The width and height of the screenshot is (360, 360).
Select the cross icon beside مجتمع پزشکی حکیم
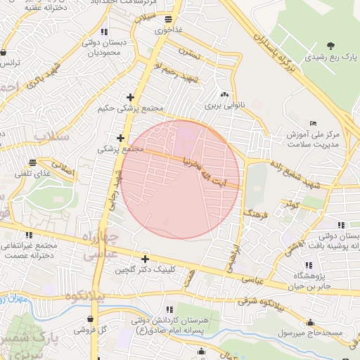tap(130, 97)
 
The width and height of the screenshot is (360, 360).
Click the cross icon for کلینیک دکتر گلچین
tap(145, 259)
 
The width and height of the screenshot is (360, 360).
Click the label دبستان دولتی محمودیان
tap(105, 47)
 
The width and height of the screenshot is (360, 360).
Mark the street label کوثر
tap(292, 205)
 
